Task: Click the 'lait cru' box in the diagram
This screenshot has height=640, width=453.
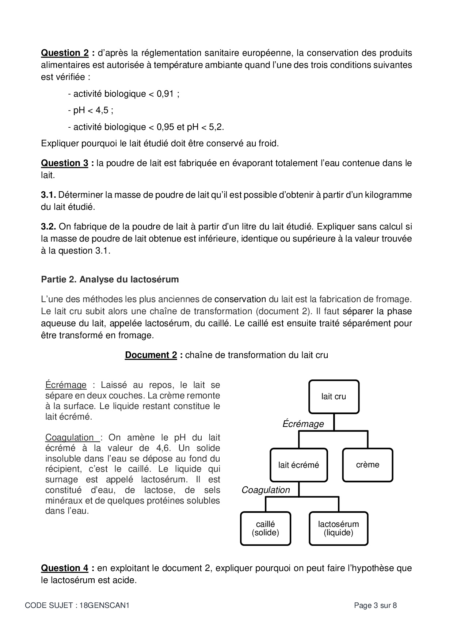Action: click(334, 397)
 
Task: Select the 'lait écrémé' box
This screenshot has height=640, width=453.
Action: click(298, 465)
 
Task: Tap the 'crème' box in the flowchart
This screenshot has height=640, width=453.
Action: click(368, 465)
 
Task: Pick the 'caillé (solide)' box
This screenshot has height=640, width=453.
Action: click(266, 528)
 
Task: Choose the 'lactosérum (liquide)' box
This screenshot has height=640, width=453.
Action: click(338, 528)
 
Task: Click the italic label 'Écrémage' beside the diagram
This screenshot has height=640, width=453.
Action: click(303, 424)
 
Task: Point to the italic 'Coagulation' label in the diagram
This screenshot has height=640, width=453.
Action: click(266, 490)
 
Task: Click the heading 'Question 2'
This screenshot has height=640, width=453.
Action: click(65, 53)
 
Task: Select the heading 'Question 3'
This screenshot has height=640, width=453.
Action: click(65, 163)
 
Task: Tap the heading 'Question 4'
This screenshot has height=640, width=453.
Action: click(65, 568)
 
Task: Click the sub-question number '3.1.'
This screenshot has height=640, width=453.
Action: click(48, 195)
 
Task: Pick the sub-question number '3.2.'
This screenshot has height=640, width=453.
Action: click(48, 227)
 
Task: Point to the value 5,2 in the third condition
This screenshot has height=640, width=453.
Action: click(216, 127)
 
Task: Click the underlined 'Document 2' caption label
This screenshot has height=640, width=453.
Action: click(151, 355)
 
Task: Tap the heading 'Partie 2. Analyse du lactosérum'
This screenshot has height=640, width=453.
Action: click(110, 279)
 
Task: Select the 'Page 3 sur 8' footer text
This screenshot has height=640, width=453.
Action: click(375, 606)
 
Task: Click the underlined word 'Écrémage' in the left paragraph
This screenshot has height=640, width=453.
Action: click(66, 385)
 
